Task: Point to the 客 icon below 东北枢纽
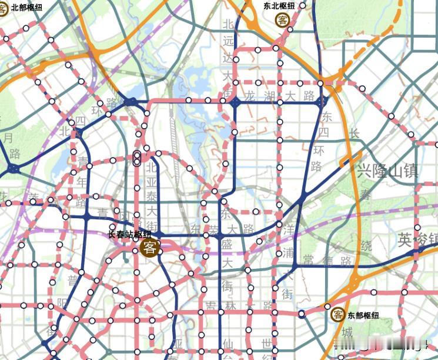click(283, 20)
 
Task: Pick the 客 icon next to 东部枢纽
click(337, 314)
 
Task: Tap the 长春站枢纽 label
click(130, 234)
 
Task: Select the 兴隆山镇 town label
click(387, 171)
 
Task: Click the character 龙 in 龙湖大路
click(251, 95)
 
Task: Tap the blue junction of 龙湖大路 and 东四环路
click(321, 102)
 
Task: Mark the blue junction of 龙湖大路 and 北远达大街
click(235, 102)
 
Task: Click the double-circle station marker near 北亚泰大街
click(136, 158)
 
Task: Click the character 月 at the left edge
click(8, 138)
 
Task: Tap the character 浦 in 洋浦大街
click(287, 253)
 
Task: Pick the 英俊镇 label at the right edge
click(417, 239)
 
